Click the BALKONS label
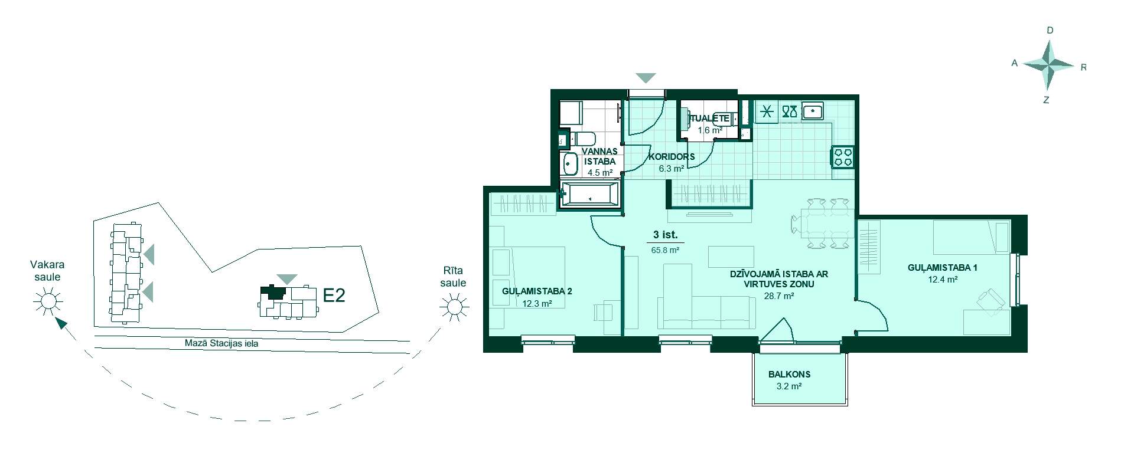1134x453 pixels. [789, 374]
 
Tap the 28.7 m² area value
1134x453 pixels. [778, 296]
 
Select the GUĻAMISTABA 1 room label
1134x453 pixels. [943, 267]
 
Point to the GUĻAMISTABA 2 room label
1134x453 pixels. [537, 291]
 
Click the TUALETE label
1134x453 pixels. [710, 118]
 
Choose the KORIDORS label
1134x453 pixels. [672, 157]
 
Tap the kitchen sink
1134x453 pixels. [814, 111]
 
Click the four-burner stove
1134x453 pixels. [843, 156]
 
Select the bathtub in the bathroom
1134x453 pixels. [589, 194]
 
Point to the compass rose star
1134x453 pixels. [1048, 66]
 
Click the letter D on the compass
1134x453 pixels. [1050, 30]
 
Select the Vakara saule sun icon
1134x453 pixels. [48, 302]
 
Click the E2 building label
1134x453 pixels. [334, 295]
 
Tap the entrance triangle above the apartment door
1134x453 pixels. [646, 78]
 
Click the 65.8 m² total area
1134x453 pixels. [665, 250]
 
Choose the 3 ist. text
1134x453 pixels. [665, 235]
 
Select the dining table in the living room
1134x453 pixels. [823, 224]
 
